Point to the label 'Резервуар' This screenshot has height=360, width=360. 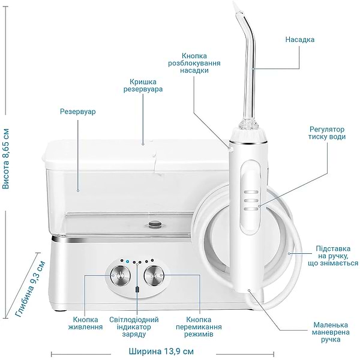[78, 112]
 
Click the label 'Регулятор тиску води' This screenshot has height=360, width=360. [328, 133]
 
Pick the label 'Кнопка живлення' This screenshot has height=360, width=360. [88, 323]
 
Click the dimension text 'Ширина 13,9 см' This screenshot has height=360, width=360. [161, 350]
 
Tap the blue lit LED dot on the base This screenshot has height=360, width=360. [127, 262]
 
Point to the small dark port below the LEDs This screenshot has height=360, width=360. [137, 290]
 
